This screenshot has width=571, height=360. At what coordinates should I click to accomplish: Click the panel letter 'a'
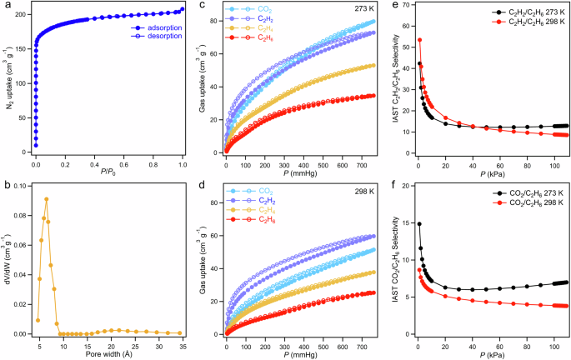point(5,7)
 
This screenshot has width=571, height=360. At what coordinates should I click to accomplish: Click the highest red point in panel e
point(419,40)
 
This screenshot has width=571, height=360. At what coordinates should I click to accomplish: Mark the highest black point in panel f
point(419,223)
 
